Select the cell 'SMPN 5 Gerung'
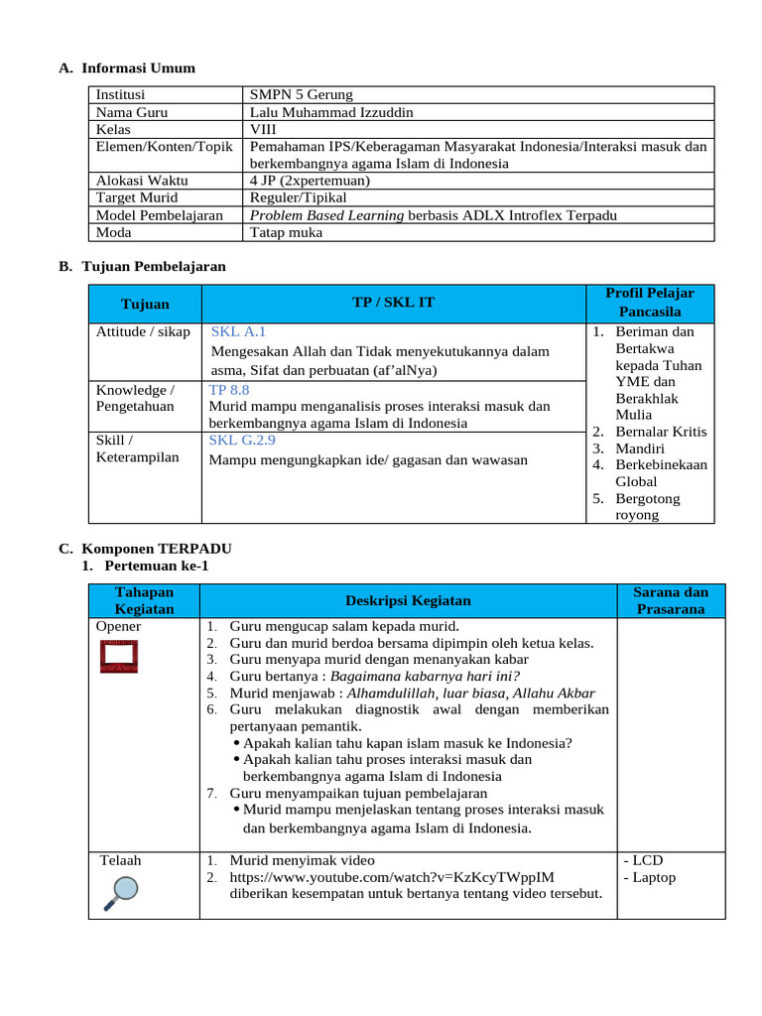tap(301, 95)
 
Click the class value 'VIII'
tap(263, 129)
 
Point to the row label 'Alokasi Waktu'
tap(142, 181)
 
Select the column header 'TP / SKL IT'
tap(393, 303)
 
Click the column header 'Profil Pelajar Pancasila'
tap(650, 303)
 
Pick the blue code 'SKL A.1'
tap(238, 332)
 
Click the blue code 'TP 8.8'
tap(229, 390)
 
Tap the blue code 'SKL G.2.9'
tap(242, 440)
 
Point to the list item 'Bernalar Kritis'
tap(661, 432)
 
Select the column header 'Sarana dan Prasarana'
tap(670, 600)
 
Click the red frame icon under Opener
tap(118, 657)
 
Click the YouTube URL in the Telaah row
tap(392, 877)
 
